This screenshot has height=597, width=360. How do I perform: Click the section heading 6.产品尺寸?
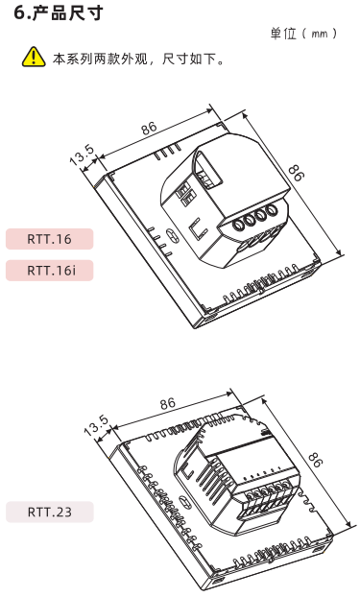59,13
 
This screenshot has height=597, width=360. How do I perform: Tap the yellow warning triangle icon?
34,58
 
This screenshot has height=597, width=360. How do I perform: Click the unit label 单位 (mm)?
303,34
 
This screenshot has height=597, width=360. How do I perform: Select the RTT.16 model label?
49,239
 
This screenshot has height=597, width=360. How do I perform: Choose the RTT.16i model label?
49,271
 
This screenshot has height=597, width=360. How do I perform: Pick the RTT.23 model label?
50,512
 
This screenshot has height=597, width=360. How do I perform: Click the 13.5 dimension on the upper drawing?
82,155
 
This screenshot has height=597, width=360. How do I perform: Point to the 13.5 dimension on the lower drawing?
96,425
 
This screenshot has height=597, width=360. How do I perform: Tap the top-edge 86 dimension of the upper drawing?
149,129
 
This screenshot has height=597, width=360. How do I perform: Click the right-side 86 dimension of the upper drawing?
297,173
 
